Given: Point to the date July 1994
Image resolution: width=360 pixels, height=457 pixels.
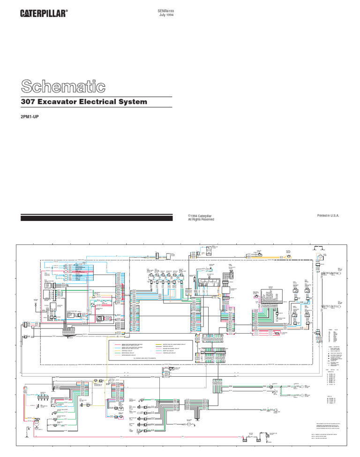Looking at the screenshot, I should click(167, 15).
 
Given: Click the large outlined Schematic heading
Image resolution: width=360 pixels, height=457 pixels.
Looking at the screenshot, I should click(63, 86).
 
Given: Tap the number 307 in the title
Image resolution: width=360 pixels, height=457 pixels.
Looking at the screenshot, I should click(30, 102).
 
